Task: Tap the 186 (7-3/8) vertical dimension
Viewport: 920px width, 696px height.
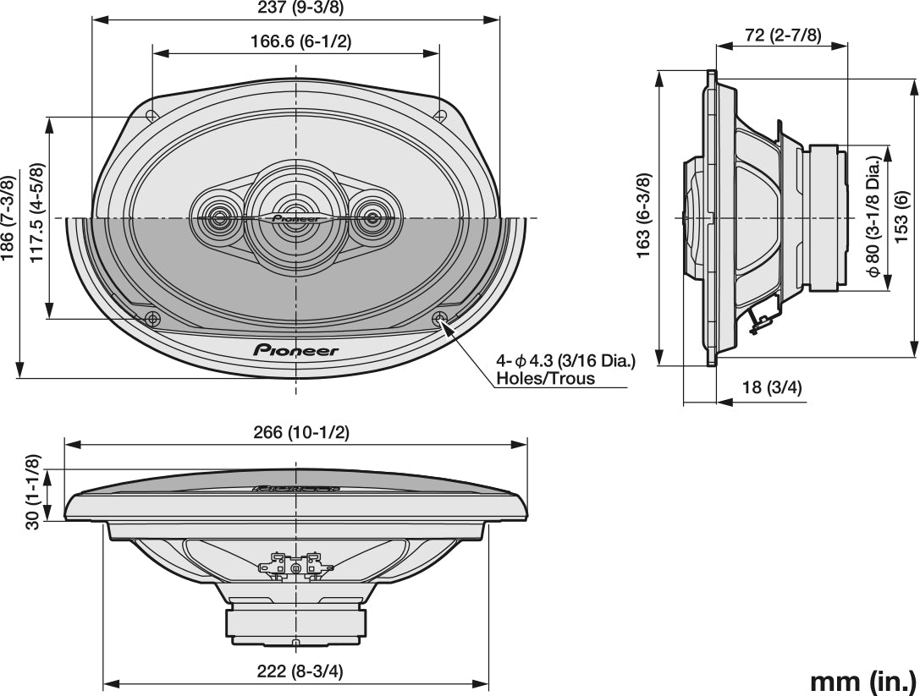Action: pos(8,218)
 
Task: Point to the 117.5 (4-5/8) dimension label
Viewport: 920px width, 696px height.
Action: pos(37,212)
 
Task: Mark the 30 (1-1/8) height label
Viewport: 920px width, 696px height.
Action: pos(33,492)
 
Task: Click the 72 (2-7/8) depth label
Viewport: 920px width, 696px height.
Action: pos(783,35)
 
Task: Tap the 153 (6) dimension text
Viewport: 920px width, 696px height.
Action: pos(901,213)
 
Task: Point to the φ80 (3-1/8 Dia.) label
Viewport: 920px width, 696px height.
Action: pos(872,218)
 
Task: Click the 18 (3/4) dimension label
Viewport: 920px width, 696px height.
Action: pos(771,387)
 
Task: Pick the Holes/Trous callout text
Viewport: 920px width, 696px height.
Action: pos(545,378)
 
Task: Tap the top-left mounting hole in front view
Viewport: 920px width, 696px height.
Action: pos(151,117)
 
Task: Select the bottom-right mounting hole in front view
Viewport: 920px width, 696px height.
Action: pos(439,319)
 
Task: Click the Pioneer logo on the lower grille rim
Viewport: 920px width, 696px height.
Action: pos(296,349)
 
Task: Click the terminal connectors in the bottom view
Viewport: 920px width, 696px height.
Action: pos(295,562)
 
